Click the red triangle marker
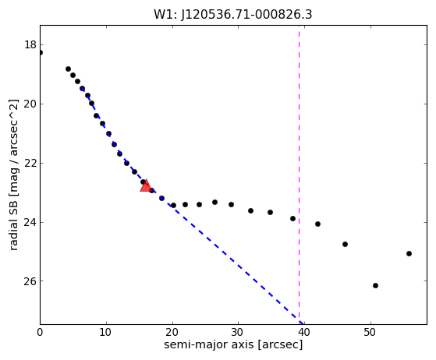point(145,185)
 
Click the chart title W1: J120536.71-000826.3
point(233,15)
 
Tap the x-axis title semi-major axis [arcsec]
point(233,344)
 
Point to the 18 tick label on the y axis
point(30,44)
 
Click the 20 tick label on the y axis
point(30,104)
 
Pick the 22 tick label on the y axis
point(30,163)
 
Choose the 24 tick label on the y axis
point(30,222)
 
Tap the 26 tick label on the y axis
point(30,281)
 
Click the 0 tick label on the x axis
point(40,332)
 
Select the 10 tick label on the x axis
point(106,332)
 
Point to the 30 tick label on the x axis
point(238,332)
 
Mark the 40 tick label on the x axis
point(304,332)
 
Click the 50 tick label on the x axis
point(370,332)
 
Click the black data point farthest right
point(409,253)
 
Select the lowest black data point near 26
point(375,285)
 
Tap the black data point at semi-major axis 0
point(41,52)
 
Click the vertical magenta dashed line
point(299,175)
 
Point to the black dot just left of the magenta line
point(292,218)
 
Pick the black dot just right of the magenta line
point(317,224)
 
